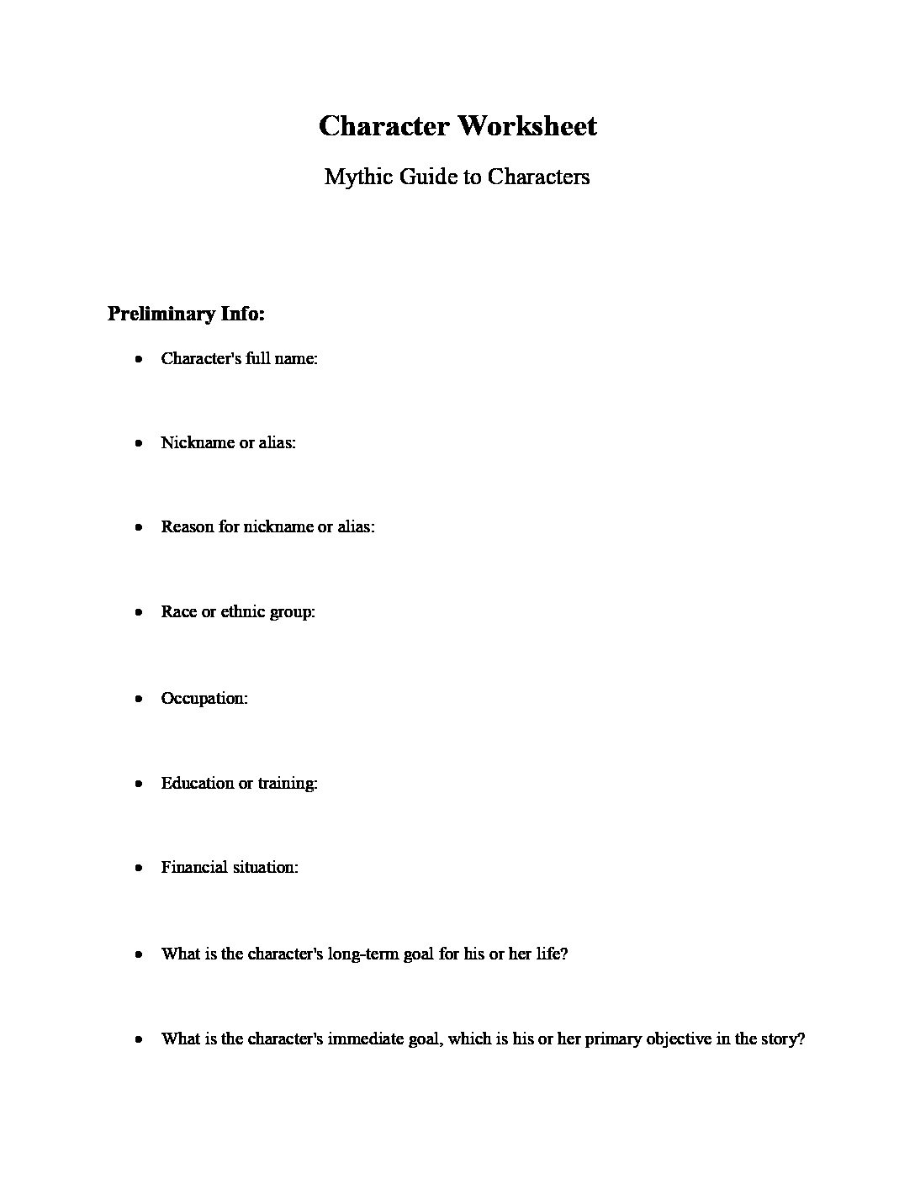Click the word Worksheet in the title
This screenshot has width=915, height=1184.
527,126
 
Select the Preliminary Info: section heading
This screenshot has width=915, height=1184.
186,314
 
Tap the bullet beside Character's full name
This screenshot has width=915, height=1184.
139,359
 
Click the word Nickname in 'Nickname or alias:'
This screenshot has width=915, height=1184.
197,442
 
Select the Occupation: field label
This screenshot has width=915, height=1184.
204,698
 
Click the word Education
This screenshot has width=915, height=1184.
197,783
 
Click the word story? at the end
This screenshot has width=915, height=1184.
782,1039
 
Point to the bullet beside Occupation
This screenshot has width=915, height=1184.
139,699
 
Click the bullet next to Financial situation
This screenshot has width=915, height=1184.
139,868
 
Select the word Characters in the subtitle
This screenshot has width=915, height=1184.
538,177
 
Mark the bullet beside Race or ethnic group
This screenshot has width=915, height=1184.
139,612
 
